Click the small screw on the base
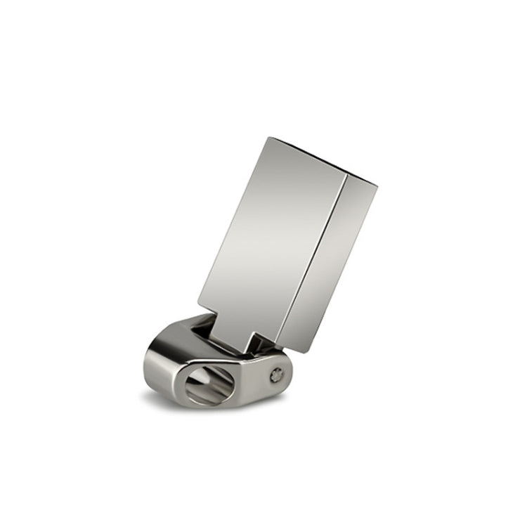point(277,375)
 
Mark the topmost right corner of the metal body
point(377,185)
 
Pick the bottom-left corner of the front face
point(198,308)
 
